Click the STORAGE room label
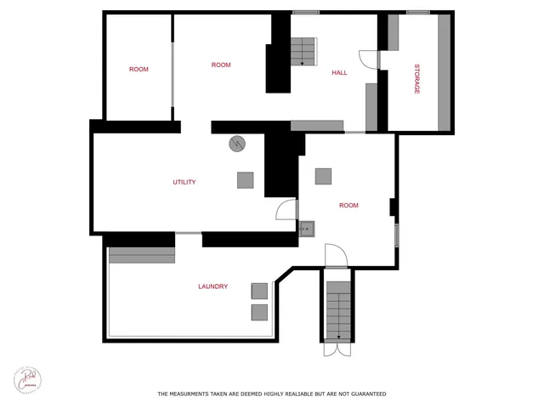click(417, 78)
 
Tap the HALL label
click(339, 73)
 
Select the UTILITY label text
click(184, 182)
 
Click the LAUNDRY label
click(212, 286)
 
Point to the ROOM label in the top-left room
click(139, 69)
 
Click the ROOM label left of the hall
click(221, 65)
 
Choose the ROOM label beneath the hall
click(348, 205)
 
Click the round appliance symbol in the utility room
click(236, 144)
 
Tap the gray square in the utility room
click(245, 180)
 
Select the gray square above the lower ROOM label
click(323, 176)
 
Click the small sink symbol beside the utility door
click(307, 227)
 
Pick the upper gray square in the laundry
click(259, 291)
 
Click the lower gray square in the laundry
click(259, 312)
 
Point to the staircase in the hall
click(303, 52)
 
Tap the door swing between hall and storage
click(369, 59)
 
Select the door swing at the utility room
click(286, 210)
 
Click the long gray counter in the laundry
click(142, 253)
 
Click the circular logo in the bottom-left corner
click(27, 379)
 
